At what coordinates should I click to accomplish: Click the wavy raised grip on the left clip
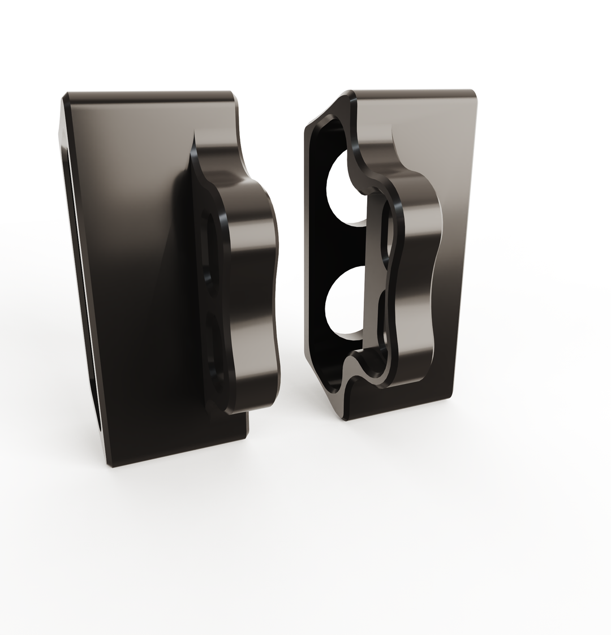[x=252, y=283]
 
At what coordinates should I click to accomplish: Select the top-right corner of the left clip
[x=233, y=93]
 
